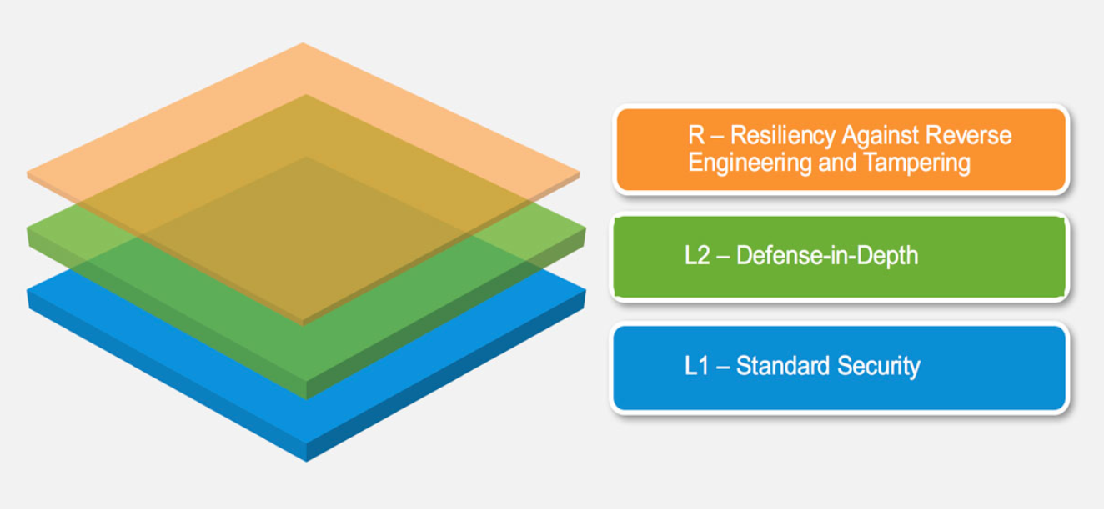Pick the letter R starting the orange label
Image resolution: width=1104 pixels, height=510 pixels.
pos(694,137)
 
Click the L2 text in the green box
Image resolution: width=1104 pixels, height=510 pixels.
pos(696,256)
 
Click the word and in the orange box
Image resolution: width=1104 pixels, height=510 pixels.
pos(825,162)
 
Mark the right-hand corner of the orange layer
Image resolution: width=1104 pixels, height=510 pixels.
pos(580,176)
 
